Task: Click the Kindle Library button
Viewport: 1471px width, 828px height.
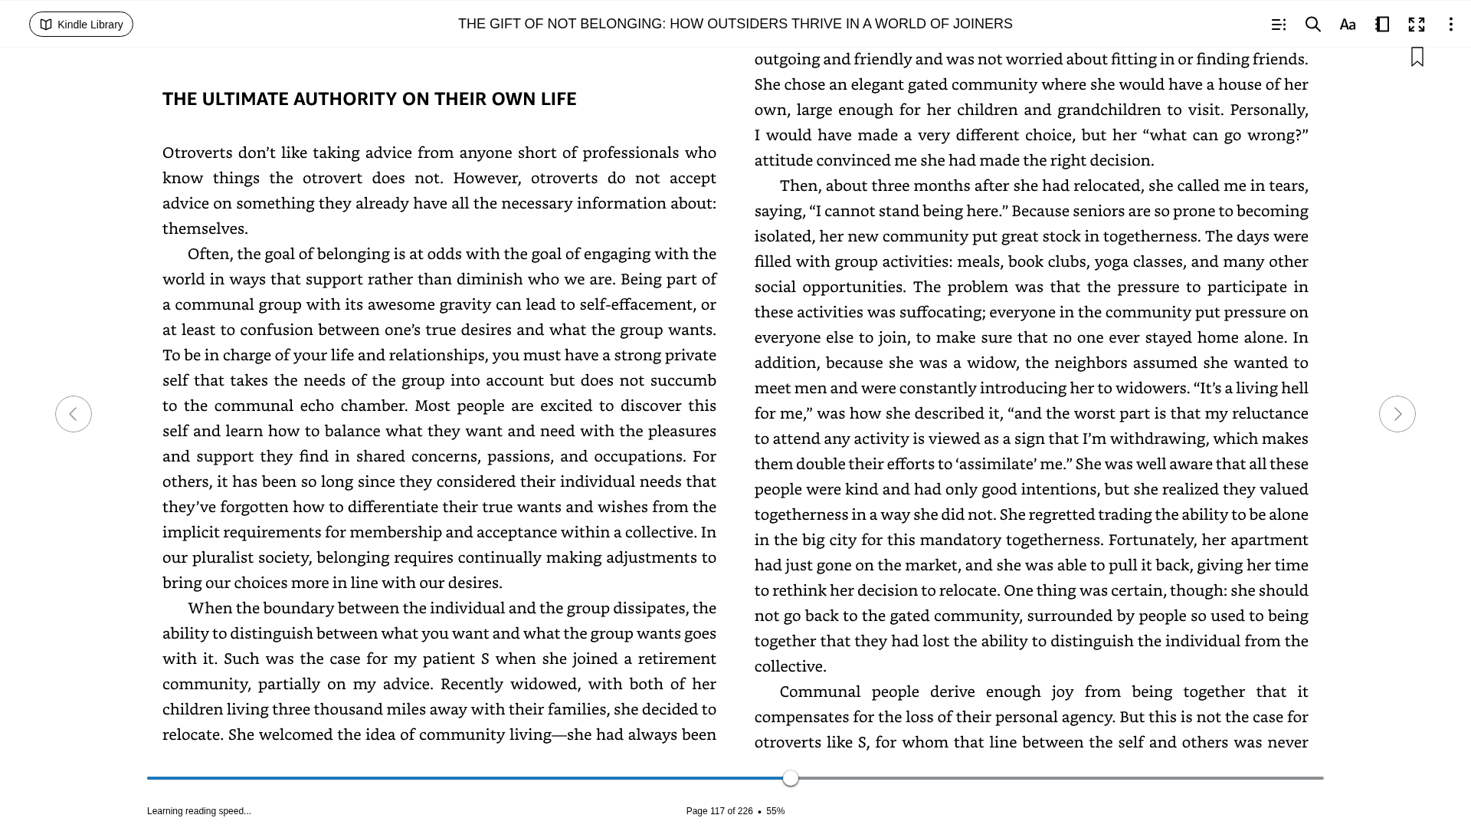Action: coord(81,25)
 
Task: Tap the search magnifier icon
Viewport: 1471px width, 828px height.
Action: coord(1312,25)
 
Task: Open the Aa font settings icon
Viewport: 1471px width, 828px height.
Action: coord(1347,25)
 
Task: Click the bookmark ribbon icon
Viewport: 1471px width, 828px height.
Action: coord(1417,57)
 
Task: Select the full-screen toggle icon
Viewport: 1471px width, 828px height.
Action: coord(1416,25)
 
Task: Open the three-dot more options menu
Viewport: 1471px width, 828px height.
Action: coord(1450,25)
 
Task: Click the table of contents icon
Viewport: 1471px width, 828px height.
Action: coord(1278,25)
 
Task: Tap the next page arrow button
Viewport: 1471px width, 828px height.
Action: coord(1397,414)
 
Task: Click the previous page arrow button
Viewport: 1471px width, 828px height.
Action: coord(74,414)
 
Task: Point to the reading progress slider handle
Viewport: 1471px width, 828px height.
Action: coord(791,778)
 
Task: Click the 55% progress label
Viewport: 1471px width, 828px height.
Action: coord(775,811)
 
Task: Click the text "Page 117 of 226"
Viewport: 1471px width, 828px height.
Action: coord(719,811)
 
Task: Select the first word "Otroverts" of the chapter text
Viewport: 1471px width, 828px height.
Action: coord(197,153)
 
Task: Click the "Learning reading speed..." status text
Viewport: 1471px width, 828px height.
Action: coord(198,811)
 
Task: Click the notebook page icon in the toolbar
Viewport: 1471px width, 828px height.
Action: coord(1381,25)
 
